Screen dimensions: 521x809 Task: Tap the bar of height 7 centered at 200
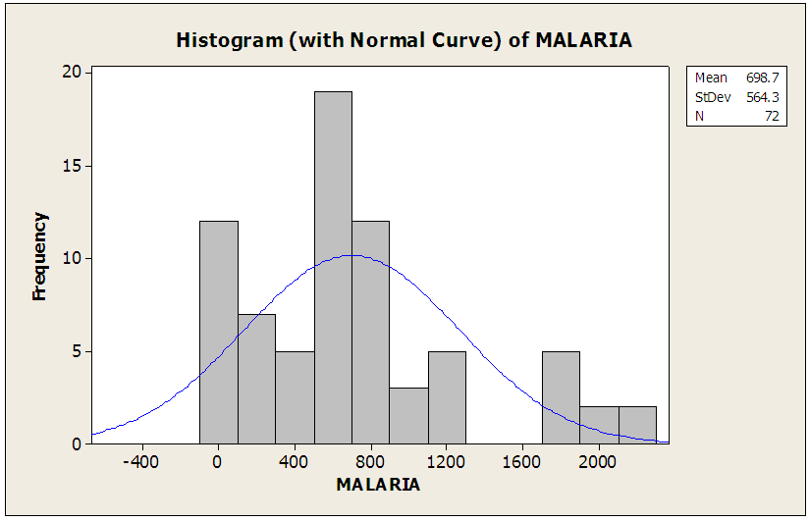[256, 379]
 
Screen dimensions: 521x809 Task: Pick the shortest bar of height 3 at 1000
[408, 416]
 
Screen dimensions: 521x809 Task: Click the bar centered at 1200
[447, 397]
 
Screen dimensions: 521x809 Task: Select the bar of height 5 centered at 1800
[561, 397]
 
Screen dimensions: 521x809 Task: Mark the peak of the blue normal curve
[351, 255]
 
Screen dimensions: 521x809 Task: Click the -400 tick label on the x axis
[142, 462]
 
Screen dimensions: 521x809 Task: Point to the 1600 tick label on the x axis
[522, 462]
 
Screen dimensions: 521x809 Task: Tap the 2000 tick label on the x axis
[599, 462]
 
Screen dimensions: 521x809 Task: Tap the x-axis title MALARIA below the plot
[378, 485]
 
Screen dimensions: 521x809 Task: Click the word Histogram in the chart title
[222, 40]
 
